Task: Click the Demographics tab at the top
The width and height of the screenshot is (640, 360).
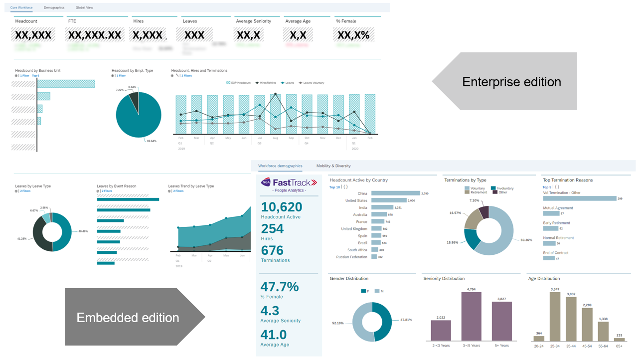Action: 54,8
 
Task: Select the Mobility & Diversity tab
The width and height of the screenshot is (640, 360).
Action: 333,166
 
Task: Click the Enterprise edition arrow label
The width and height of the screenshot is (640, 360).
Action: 511,82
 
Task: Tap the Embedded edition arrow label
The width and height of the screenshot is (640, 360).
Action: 128,318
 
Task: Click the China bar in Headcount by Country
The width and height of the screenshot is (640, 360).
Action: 395,193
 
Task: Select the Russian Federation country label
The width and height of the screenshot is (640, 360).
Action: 351,257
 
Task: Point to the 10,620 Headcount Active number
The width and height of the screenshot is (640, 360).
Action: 281,207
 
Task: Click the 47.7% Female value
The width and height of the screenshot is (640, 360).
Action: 280,287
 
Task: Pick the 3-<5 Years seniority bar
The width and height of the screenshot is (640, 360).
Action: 471,317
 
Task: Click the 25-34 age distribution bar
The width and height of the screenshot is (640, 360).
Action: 555,317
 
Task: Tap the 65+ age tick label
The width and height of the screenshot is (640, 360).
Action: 619,346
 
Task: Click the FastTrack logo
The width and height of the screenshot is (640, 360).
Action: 289,182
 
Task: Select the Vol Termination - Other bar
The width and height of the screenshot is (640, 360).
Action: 579,198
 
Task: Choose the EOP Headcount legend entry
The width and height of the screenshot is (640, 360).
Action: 239,83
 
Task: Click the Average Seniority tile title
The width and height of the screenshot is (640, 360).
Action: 254,21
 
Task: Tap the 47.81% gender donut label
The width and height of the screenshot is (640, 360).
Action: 406,320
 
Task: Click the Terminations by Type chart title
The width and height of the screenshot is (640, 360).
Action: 466,180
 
